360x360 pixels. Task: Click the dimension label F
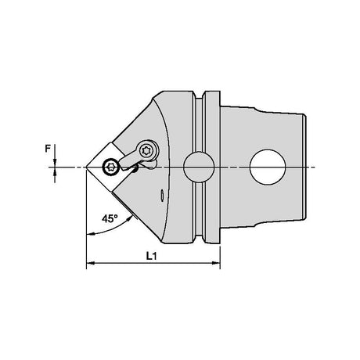(48, 149)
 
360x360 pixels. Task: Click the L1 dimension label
(151, 256)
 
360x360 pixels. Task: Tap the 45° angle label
(110, 218)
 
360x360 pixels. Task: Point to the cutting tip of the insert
(87, 167)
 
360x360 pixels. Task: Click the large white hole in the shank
(268, 167)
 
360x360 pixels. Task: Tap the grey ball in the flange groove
(199, 167)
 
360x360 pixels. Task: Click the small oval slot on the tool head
(162, 195)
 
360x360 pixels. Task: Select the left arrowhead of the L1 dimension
(90, 263)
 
